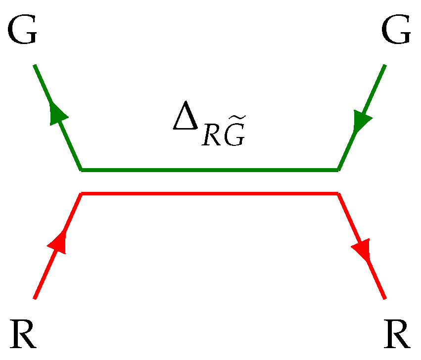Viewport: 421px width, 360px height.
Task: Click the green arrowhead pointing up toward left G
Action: coord(58,114)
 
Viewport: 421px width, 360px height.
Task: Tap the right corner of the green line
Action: coord(338,170)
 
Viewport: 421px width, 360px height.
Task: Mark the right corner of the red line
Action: coord(338,193)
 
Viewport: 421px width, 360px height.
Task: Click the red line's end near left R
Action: coord(35,298)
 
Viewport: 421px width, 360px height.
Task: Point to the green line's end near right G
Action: coord(384,65)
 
